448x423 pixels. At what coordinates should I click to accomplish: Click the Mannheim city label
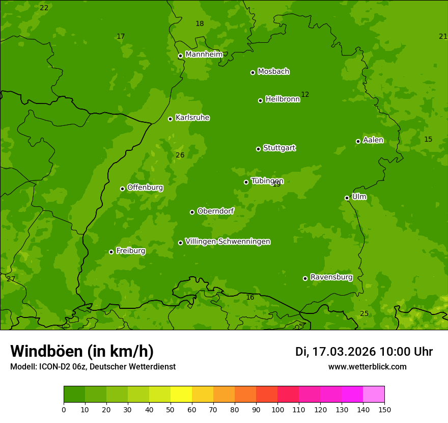tap(204, 55)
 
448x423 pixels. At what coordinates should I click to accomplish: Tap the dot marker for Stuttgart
tap(258, 149)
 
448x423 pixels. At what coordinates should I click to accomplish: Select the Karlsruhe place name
tap(192, 118)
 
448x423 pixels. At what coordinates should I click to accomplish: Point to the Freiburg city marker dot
tap(111, 252)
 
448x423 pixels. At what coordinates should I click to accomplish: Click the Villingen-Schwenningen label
tap(228, 242)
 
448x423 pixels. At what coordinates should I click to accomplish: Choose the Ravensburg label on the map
tap(331, 277)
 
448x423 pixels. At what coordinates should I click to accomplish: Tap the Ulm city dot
tap(347, 198)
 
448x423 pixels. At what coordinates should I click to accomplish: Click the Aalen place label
tap(373, 140)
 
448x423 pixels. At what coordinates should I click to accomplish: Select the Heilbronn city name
tap(282, 99)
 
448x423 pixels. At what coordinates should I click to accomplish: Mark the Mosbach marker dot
tap(253, 72)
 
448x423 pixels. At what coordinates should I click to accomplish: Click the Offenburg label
tap(145, 188)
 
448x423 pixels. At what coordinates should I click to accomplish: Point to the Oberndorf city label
tap(215, 211)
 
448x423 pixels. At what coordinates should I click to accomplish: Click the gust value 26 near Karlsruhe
tap(180, 155)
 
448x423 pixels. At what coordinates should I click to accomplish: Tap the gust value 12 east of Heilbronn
tap(305, 95)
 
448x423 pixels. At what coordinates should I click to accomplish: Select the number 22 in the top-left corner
tap(44, 8)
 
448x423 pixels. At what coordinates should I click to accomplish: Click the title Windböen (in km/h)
tap(81, 352)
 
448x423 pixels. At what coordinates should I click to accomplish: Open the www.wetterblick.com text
tap(367, 367)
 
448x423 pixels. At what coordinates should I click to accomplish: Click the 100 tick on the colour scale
tap(277, 409)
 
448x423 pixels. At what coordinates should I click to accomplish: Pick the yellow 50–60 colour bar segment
tap(181, 394)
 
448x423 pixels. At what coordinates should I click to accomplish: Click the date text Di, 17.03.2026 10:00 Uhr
tap(363, 352)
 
